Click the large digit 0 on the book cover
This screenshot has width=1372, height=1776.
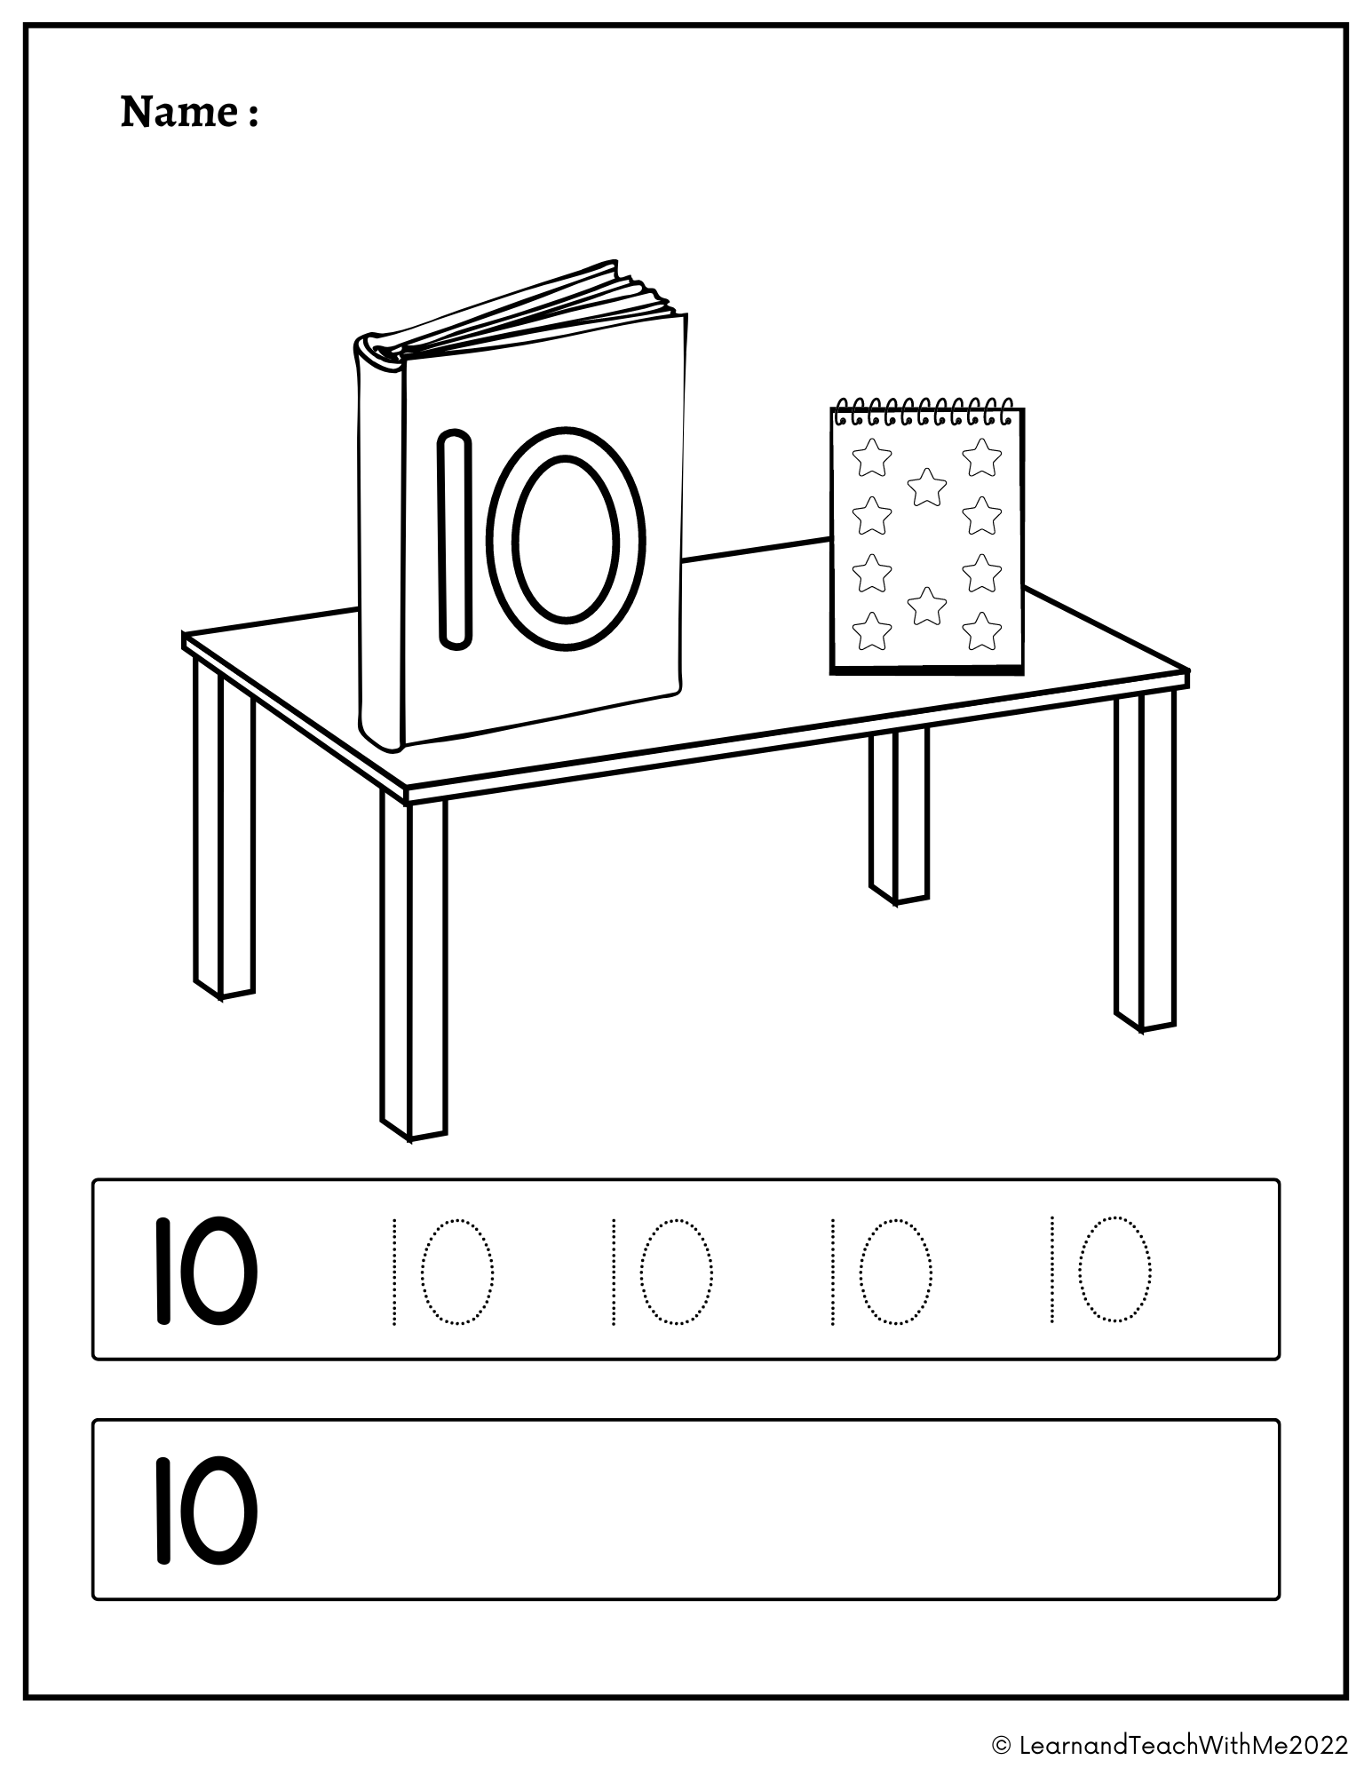[566, 539]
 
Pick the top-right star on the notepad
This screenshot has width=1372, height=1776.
[981, 456]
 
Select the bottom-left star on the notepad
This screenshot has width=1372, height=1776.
[871, 631]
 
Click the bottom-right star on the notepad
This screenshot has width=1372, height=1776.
[981, 631]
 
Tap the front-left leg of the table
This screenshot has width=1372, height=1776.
[414, 968]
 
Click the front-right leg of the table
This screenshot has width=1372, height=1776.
[1146, 861]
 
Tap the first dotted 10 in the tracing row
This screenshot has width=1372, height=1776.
[442, 1272]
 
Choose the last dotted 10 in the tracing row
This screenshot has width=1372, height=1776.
[1100, 1272]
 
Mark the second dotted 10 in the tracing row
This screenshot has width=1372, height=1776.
[662, 1272]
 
